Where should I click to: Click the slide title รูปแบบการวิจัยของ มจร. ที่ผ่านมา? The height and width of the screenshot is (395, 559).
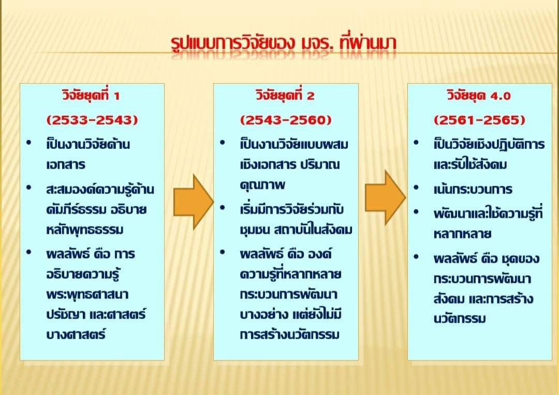click(x=284, y=43)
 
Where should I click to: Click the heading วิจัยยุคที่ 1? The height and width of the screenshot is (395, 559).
click(x=91, y=96)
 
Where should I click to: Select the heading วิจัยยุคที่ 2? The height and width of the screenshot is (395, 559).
click(x=285, y=96)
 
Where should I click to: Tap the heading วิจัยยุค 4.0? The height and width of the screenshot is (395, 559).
click(x=479, y=96)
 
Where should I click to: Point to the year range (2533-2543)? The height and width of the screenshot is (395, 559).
click(x=92, y=119)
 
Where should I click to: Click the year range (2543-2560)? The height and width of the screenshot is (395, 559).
click(x=286, y=119)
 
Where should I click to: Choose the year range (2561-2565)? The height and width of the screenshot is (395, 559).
click(x=479, y=119)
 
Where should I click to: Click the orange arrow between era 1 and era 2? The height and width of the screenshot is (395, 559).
click(x=194, y=202)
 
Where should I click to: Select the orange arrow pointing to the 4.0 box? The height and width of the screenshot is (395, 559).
click(x=386, y=197)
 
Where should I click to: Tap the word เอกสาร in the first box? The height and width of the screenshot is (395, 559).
click(x=66, y=164)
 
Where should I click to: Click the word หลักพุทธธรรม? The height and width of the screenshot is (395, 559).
click(x=85, y=230)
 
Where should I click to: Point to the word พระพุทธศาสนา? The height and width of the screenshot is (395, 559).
click(x=87, y=295)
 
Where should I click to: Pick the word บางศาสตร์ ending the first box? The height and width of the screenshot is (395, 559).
click(x=76, y=335)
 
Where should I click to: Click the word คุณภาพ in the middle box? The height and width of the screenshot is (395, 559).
click(x=263, y=185)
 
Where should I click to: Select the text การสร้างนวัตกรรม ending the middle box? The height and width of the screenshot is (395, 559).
click(x=290, y=335)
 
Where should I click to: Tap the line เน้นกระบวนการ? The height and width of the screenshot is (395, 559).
click(x=473, y=189)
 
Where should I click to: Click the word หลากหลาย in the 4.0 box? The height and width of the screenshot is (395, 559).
click(x=463, y=234)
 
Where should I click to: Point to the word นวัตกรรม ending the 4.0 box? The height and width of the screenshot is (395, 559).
click(x=460, y=318)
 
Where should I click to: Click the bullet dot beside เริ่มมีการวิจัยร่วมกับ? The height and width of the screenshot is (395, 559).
click(x=223, y=207)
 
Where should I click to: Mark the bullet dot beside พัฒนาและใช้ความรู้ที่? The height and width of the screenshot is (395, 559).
click(x=416, y=211)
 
